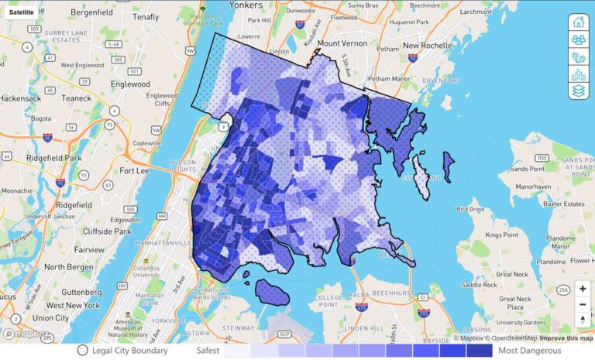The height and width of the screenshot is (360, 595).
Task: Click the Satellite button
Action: click(x=21, y=12)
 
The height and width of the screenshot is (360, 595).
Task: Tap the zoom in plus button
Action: click(x=582, y=288)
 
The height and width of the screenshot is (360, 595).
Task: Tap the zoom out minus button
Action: click(x=582, y=304)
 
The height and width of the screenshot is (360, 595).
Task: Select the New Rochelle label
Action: click(x=426, y=46)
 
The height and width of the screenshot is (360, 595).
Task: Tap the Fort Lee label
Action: click(x=133, y=170)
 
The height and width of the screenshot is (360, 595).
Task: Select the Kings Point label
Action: click(x=500, y=235)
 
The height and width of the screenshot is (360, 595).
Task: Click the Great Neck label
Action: click(x=512, y=274)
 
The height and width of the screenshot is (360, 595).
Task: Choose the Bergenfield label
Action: click(x=91, y=13)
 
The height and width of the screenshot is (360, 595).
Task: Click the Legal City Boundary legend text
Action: click(x=133, y=351)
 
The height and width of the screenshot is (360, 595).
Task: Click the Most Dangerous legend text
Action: click(x=530, y=351)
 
